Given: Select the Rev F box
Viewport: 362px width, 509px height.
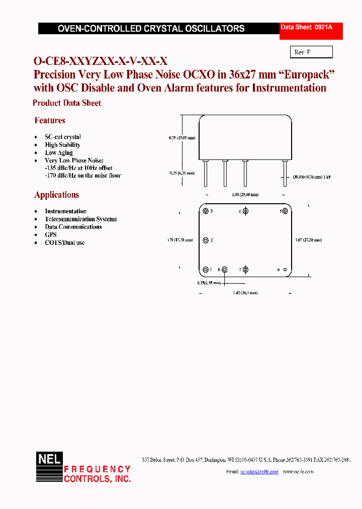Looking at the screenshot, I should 311,52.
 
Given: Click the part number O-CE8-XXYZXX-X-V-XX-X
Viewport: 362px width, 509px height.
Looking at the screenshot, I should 100,61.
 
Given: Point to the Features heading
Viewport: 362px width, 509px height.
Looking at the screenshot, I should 50,120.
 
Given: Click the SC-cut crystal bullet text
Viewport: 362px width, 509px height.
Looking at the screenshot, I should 63,137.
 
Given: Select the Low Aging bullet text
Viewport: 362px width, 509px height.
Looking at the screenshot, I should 59,152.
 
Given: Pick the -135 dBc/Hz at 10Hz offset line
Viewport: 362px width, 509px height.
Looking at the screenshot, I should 78,167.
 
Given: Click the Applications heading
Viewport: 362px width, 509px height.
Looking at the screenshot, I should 56,195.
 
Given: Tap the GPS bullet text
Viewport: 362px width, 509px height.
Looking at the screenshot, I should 51,234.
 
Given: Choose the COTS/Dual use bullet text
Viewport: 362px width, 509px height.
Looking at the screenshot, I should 65,242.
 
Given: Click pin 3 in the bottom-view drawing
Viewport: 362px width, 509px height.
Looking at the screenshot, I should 205,211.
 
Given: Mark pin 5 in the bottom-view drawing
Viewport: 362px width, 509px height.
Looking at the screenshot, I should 285,211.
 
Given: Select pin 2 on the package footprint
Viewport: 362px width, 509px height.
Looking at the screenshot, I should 205,240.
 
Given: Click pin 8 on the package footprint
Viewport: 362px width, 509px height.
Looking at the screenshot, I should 225,270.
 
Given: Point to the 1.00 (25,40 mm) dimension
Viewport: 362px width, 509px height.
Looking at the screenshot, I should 246,195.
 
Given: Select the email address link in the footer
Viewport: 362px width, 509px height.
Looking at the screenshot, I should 259,471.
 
